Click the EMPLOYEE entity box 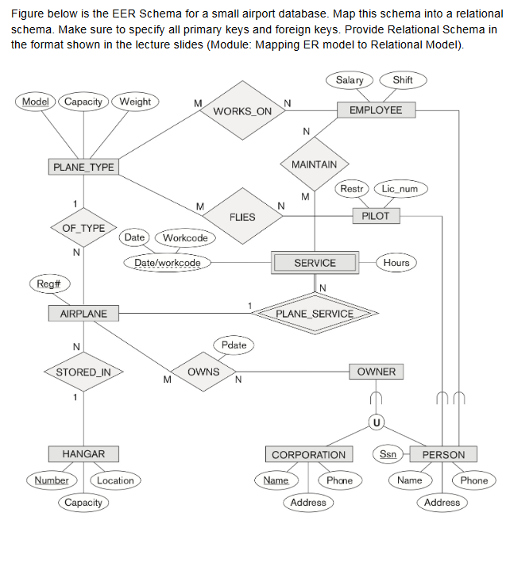coord(376,110)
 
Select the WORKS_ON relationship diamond coord(242,111)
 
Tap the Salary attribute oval coord(350,80)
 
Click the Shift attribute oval coord(403,80)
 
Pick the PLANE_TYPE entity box coord(83,168)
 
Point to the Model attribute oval coord(35,102)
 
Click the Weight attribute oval coord(135,102)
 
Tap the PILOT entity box coord(376,216)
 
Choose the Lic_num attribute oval coord(400,189)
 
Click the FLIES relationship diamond coord(242,217)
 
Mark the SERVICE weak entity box coord(315,263)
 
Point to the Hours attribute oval coord(396,263)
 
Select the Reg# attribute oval coord(42,283)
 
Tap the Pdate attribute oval coord(234,345)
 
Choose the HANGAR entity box coord(83,454)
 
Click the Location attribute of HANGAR coord(115,480)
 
